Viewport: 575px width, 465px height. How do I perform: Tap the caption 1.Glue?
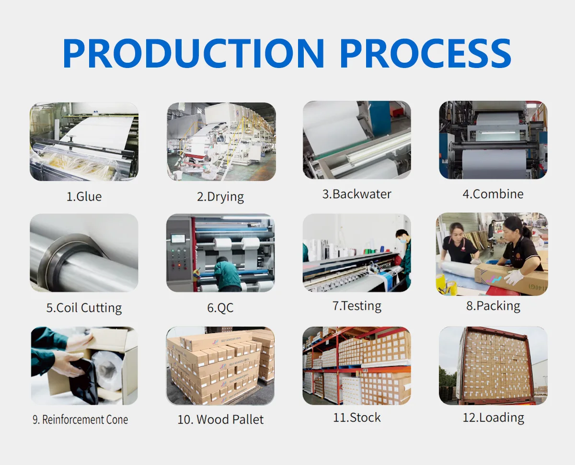84,196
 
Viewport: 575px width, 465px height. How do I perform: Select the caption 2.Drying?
220,196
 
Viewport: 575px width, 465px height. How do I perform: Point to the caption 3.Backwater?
356,194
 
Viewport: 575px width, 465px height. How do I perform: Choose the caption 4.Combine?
493,194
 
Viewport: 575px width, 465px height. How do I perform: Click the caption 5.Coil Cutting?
84,307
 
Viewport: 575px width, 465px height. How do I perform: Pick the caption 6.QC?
220,307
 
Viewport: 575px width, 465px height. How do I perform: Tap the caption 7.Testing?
357,306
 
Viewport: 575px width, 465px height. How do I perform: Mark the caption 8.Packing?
493,306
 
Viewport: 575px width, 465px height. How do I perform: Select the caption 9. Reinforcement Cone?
80,420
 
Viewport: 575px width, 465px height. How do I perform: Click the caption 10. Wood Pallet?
220,420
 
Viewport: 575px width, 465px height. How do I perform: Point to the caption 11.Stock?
357,417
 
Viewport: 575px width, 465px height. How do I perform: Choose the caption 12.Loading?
493,417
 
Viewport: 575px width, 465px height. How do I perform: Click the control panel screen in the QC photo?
178,238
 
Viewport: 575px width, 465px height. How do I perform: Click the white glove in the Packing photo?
514,277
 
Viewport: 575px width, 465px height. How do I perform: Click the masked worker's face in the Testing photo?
402,238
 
